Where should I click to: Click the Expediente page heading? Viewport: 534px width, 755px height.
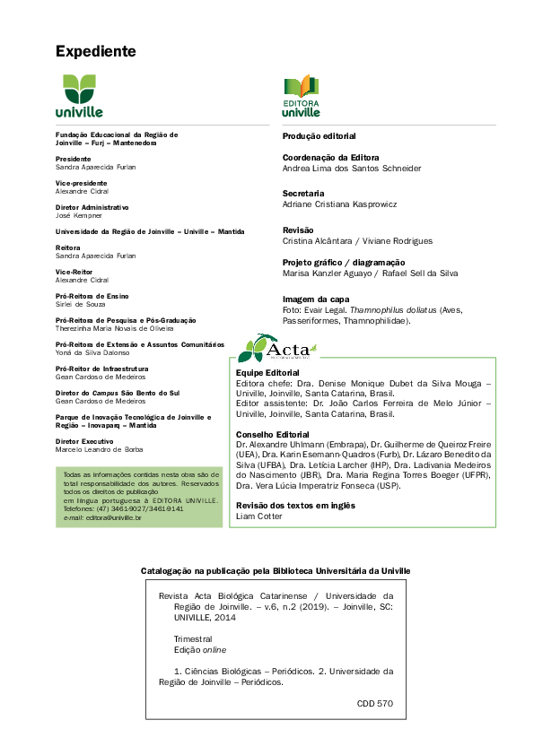point(95,51)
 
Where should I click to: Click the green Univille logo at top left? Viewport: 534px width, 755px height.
point(82,97)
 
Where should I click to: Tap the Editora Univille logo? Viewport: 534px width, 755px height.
point(301,97)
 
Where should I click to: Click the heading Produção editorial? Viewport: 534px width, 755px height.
point(319,136)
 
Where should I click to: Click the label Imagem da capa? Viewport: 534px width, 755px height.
point(316,299)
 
